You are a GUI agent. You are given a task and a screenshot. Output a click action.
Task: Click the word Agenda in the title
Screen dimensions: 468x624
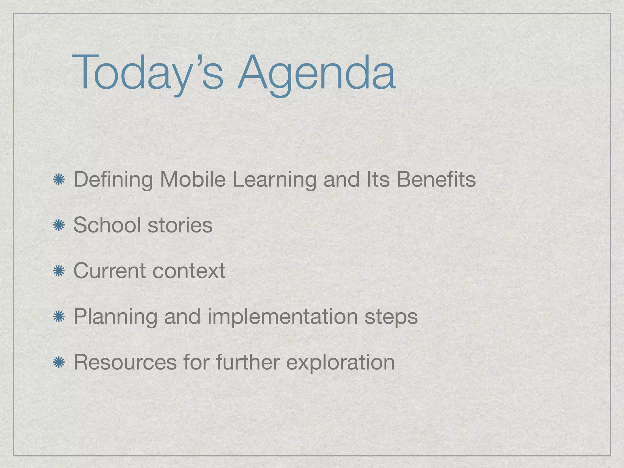[317, 73]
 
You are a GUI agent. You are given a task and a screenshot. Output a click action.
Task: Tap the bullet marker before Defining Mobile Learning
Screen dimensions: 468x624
[58, 180]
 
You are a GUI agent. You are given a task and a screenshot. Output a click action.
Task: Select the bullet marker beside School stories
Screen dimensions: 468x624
[58, 225]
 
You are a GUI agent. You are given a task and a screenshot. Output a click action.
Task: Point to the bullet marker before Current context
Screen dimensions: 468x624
[58, 271]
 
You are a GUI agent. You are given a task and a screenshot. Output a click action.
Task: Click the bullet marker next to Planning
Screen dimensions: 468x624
[58, 317]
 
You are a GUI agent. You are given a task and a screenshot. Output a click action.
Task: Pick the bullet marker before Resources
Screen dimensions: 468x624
[58, 363]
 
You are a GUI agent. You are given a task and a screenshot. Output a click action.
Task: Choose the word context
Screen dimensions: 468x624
[189, 271]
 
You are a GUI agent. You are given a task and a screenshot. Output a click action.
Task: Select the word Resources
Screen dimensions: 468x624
[125, 362]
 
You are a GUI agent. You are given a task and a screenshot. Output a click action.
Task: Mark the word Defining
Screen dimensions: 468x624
[113, 180]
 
